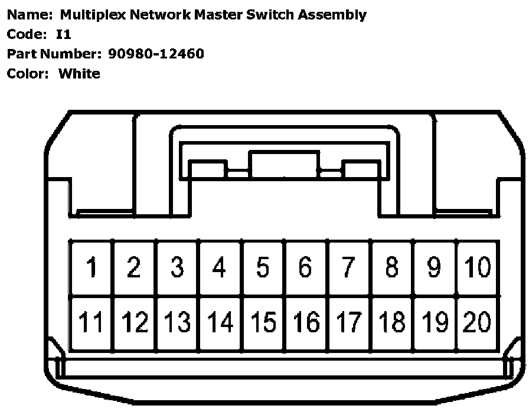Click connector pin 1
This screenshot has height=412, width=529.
pyautogui.click(x=92, y=267)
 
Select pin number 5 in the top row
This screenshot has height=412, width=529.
pyautogui.click(x=263, y=267)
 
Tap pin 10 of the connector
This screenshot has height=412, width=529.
pyautogui.click(x=477, y=267)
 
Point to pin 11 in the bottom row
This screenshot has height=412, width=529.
pyautogui.click(x=92, y=322)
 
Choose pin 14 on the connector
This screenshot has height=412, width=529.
pyautogui.click(x=220, y=322)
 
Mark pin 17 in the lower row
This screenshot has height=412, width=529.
pyautogui.click(x=349, y=322)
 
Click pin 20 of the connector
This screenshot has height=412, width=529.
pyautogui.click(x=477, y=322)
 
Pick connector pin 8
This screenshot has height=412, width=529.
pyautogui.click(x=391, y=267)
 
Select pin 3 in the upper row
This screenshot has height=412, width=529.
pyautogui.click(x=177, y=267)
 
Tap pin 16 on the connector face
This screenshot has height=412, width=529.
pyautogui.click(x=306, y=322)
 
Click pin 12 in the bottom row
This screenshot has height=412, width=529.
pyautogui.click(x=135, y=322)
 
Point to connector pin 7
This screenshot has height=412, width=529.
pyautogui.click(x=349, y=267)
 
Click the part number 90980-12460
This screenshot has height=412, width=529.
pyautogui.click(x=156, y=54)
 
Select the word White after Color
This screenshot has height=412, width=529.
pyautogui.click(x=79, y=74)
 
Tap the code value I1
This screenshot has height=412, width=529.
pyautogui.click(x=63, y=35)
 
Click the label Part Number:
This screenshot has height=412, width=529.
pyautogui.click(x=55, y=54)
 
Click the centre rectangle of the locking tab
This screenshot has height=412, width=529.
pyautogui.click(x=284, y=165)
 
